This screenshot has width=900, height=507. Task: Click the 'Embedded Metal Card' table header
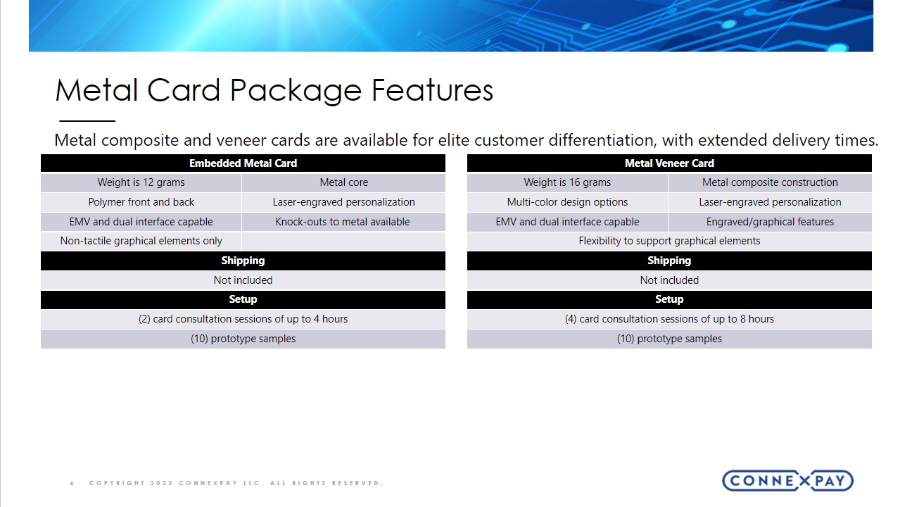243,163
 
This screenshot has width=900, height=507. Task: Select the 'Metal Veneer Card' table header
669,163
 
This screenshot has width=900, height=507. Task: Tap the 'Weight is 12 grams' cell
141,182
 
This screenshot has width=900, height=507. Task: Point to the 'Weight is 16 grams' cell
567,182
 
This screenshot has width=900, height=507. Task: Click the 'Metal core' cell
343,182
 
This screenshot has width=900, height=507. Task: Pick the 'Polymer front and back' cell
141,202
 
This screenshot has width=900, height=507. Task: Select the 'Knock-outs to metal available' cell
343,222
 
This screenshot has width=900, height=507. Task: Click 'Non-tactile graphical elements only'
141,241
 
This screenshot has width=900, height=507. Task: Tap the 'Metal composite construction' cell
770,182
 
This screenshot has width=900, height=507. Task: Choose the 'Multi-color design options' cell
567,202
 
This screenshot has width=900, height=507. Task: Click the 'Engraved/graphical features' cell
770,222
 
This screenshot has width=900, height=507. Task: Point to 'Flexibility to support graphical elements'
669,241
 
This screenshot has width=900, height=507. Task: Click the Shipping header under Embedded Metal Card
243,261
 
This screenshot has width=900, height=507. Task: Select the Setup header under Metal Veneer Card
669,299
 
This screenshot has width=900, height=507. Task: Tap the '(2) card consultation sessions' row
243,319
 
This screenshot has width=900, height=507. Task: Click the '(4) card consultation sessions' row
669,319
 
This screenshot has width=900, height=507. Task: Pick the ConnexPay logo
787,481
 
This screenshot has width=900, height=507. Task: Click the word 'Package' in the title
296,91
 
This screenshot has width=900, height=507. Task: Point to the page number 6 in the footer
72,483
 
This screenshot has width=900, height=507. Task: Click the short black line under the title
87,120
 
